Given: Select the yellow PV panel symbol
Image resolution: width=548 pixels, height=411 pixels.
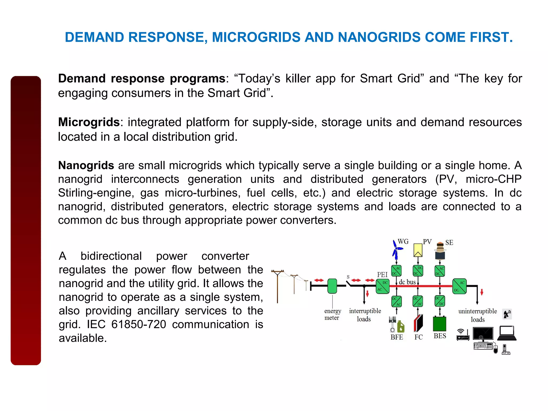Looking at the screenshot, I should (418, 250).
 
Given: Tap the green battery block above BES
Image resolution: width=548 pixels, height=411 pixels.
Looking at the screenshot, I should (439, 324).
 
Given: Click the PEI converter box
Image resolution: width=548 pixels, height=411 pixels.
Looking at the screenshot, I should (382, 286).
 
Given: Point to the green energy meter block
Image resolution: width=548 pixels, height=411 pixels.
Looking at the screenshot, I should (332, 286).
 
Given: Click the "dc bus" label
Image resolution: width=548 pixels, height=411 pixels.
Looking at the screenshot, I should (407, 282).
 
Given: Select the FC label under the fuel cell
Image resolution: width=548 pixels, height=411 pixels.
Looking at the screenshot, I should (418, 337).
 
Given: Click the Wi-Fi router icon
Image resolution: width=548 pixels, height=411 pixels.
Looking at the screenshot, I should (463, 335).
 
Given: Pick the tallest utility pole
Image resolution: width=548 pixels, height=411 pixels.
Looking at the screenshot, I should (277, 286).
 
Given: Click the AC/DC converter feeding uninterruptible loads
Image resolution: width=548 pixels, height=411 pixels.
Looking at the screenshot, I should (459, 286).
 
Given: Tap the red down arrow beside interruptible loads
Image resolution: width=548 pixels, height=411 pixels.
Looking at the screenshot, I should (367, 294).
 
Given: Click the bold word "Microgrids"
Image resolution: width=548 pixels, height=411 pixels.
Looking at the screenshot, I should (89, 122).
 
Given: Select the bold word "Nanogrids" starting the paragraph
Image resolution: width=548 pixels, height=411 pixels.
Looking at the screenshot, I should (86, 165).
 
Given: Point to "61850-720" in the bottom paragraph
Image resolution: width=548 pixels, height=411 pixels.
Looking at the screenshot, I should (139, 324).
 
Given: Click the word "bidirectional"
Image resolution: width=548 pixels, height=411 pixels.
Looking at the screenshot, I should (111, 256).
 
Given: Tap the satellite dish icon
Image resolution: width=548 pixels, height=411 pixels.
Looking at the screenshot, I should (507, 314).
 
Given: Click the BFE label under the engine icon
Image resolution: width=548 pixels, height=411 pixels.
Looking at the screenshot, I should (397, 337).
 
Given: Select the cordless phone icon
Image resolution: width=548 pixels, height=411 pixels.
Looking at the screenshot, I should (505, 350).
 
